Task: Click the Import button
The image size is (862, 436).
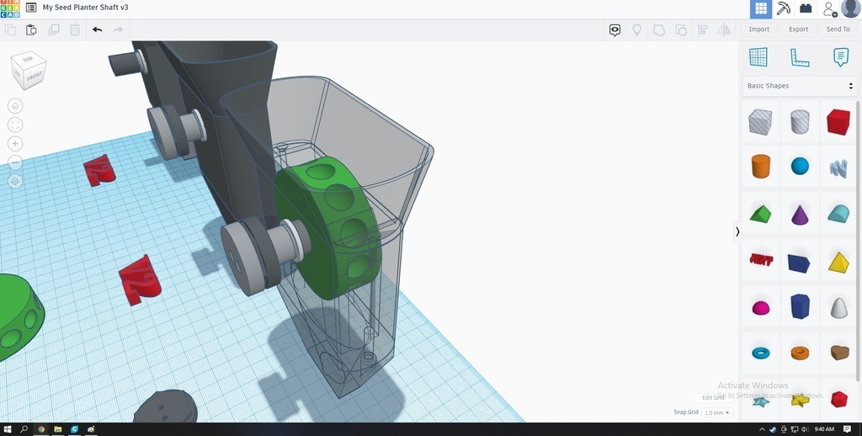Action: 758,29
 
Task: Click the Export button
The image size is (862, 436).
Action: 798,29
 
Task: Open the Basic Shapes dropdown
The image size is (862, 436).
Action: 800,86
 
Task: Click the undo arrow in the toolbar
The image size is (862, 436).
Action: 97,29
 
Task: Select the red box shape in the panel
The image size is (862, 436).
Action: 838,122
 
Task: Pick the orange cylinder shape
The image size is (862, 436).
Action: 760,166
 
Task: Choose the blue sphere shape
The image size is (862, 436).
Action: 800,166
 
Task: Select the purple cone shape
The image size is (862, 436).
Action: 800,214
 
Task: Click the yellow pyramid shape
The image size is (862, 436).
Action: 838,262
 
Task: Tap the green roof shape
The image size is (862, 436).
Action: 760,214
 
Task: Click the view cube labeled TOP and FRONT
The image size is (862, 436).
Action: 29,71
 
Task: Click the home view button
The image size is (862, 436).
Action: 15,106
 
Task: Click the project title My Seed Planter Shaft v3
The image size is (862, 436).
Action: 85,8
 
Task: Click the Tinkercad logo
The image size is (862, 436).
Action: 9,8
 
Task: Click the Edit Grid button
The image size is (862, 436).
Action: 712,397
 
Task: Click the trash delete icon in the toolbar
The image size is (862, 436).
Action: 75,29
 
